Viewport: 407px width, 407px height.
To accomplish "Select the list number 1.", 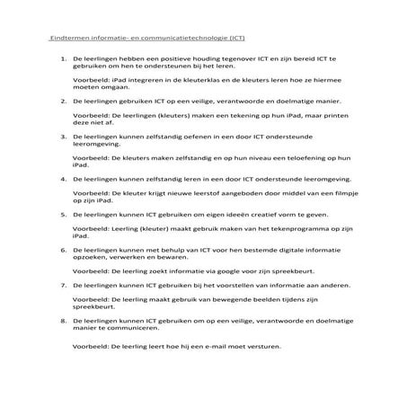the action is tap(63, 58).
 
